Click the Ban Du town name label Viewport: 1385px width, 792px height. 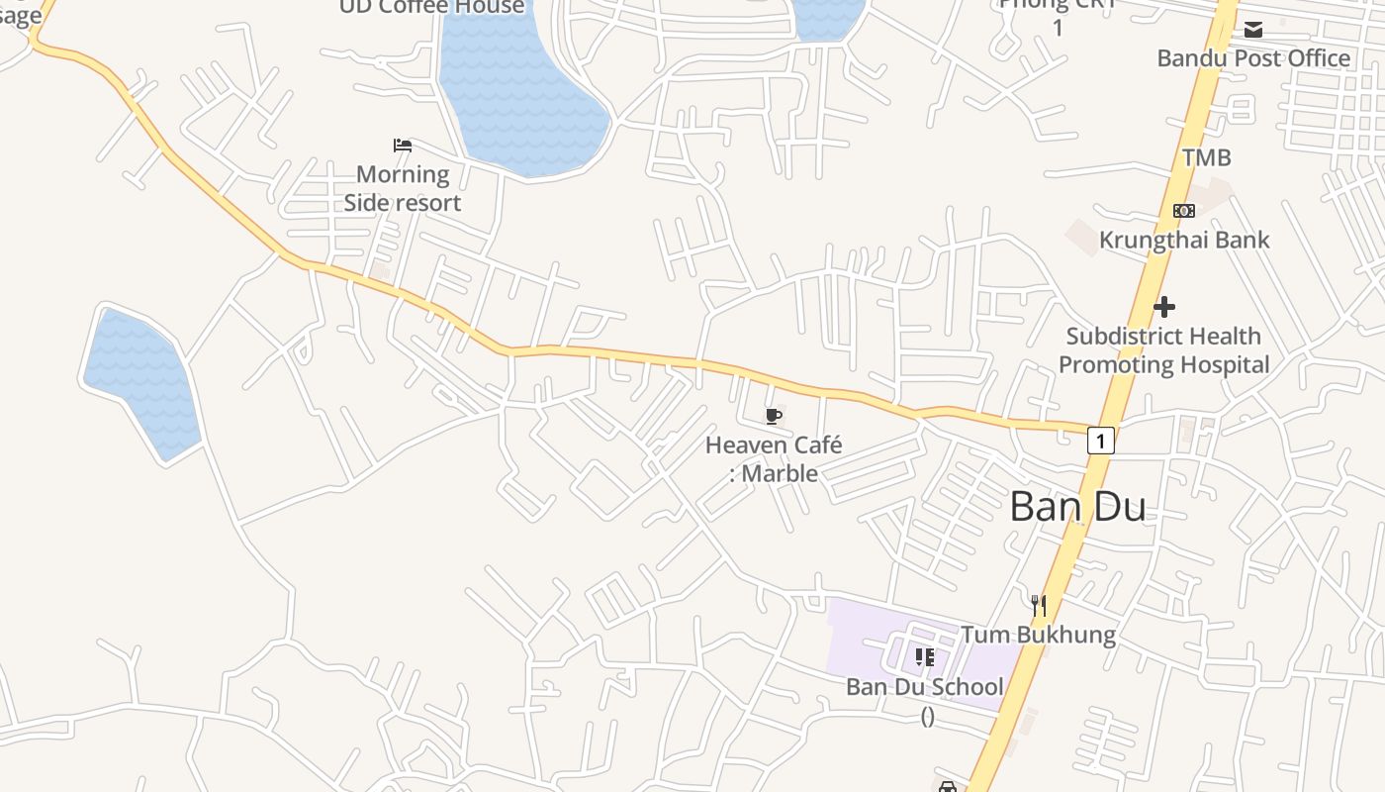tap(1077, 507)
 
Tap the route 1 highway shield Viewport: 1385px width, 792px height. tap(1100, 440)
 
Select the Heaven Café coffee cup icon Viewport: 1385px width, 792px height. tap(774, 416)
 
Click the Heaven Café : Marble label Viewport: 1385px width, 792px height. tap(774, 459)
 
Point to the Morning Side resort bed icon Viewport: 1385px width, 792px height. tap(403, 146)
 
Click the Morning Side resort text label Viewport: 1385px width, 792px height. tap(403, 188)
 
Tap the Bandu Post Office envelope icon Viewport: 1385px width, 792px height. tap(1253, 30)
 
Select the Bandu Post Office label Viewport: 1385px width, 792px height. tap(1253, 57)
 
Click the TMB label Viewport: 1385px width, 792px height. tap(1207, 156)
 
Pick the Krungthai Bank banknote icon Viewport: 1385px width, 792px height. tap(1184, 211)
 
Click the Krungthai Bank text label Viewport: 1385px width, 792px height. tap(1184, 240)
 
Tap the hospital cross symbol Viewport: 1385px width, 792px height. tap(1164, 307)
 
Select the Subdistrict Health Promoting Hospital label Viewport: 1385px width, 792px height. tap(1163, 350)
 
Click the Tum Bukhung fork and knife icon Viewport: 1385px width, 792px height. tap(1038, 605)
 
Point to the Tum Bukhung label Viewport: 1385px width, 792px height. tap(1039, 635)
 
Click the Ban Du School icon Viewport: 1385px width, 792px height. tap(925, 656)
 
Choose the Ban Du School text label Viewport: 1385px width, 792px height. tap(925, 687)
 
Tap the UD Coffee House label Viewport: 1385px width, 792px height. tap(432, 7)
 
